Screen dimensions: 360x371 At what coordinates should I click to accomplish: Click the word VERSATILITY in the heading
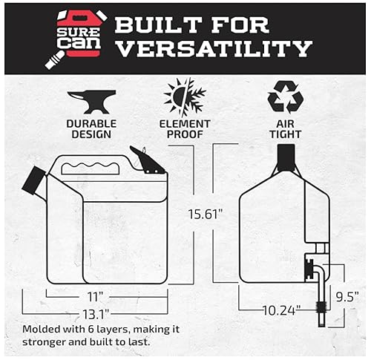coord(213,50)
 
